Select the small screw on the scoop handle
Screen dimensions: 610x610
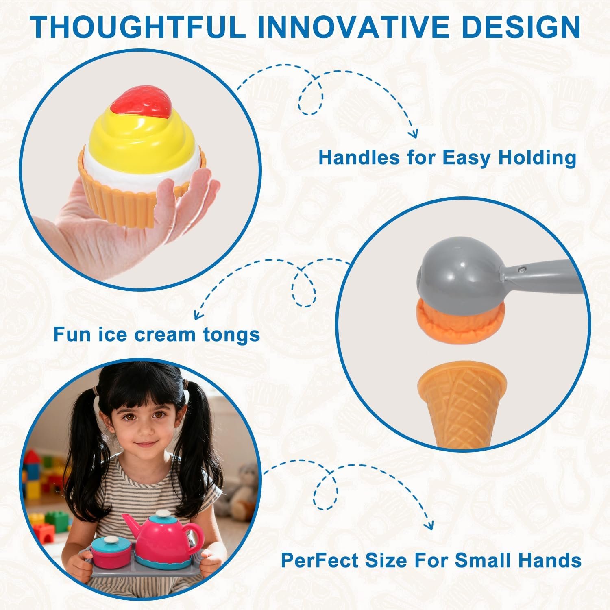click(x=523, y=268)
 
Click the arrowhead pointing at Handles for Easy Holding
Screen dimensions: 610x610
click(x=414, y=133)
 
